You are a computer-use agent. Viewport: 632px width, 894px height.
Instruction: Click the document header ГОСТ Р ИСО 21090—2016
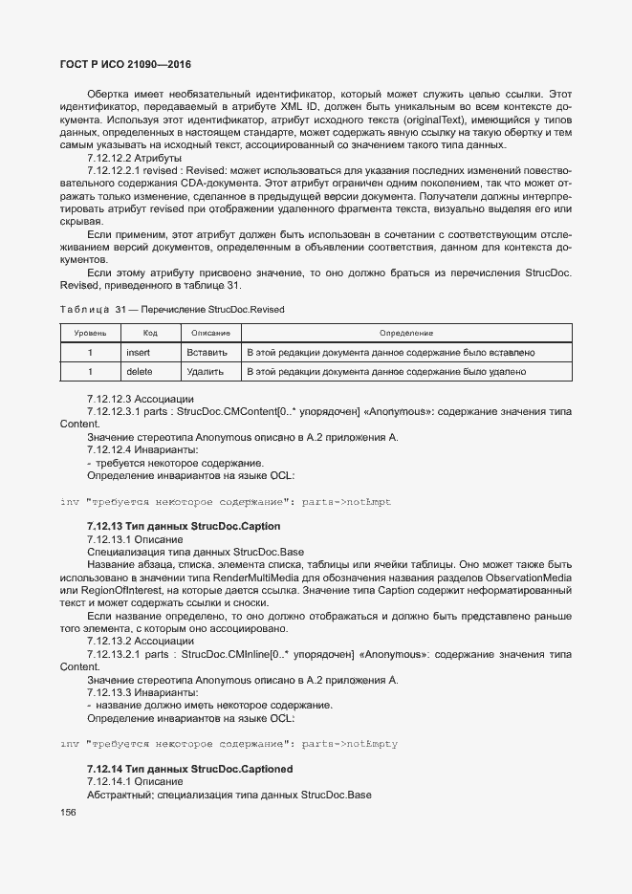tap(120, 64)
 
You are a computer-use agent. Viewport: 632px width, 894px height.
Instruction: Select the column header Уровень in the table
tap(90, 333)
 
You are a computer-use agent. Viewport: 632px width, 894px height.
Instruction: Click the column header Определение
tap(406, 333)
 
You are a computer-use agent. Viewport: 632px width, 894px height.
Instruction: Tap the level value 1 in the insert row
tap(90, 352)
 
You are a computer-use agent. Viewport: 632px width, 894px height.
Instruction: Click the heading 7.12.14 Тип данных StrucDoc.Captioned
tap(189, 769)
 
